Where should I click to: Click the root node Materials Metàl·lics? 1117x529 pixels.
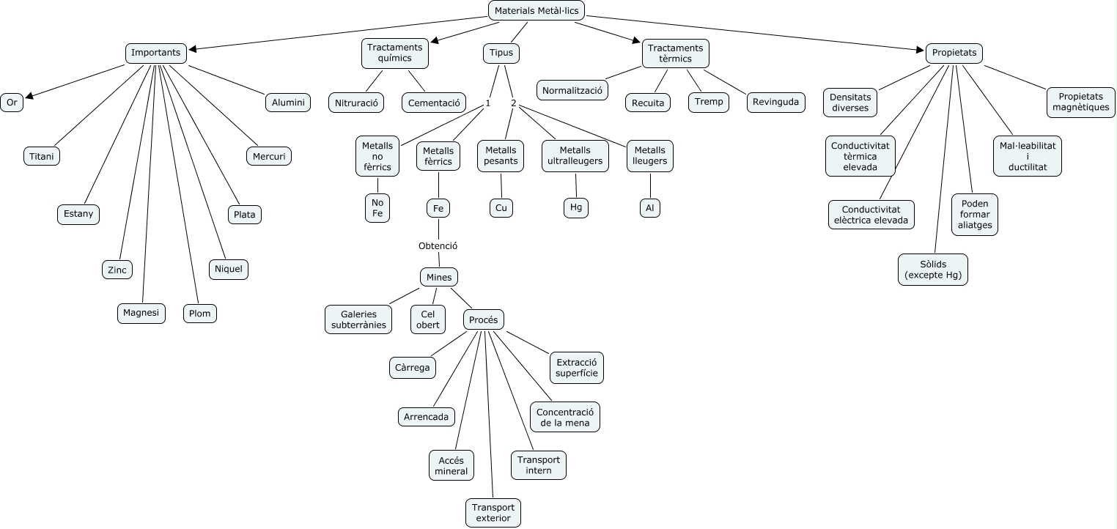537,10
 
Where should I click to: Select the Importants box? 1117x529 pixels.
155,53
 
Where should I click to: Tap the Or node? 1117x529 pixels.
12,103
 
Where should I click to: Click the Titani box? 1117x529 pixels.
42,156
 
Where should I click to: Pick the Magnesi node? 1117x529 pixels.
141,313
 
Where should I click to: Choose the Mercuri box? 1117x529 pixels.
268,156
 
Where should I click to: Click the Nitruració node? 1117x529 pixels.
356,103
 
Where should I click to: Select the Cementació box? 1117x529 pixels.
434,103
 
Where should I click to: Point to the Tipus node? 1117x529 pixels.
501,53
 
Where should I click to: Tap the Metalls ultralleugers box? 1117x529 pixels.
575,155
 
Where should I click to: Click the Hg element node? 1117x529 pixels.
576,208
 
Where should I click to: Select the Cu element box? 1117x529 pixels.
501,208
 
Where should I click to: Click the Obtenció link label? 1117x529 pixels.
438,246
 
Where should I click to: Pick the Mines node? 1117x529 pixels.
439,277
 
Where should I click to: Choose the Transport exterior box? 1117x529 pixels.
493,513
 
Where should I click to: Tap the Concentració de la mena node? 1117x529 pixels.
565,416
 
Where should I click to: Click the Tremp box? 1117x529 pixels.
709,102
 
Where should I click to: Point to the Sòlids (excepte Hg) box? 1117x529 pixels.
932,269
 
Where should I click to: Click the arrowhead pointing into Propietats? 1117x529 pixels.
921,51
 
